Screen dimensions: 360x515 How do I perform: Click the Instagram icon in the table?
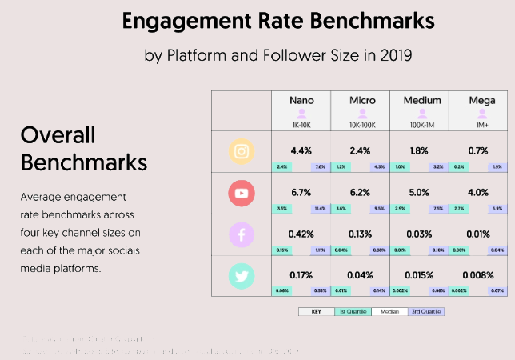[x=241, y=152]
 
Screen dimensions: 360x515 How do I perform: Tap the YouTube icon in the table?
[x=241, y=194]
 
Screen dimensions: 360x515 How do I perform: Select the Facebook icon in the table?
[x=241, y=235]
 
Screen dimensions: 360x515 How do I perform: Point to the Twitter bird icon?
[x=241, y=276]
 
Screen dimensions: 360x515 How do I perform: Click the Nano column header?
[x=301, y=101]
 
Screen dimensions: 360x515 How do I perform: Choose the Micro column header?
[x=362, y=101]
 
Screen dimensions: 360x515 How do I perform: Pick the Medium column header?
[x=422, y=101]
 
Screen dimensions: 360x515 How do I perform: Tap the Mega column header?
[x=480, y=101]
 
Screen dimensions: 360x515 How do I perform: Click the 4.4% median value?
[x=301, y=150]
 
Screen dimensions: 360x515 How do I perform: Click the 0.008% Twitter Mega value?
[x=480, y=274]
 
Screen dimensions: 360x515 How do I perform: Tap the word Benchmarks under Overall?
[x=83, y=162]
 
